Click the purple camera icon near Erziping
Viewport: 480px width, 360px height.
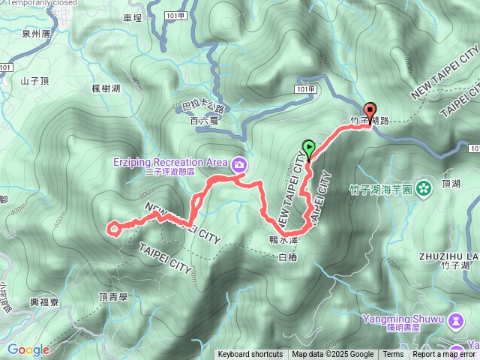(x=239, y=163)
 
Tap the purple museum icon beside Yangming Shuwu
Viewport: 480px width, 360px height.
(x=456, y=321)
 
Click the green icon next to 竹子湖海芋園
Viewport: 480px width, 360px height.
(x=424, y=187)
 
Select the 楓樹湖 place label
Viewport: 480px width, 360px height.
(x=106, y=88)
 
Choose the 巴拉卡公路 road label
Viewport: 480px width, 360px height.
(x=203, y=108)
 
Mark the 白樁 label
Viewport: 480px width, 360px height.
(x=288, y=257)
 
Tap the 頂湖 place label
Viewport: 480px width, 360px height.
(x=451, y=183)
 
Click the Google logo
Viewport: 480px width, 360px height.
(x=28, y=349)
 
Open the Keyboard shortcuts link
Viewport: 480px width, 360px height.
(x=250, y=355)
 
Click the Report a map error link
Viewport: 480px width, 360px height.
(x=443, y=355)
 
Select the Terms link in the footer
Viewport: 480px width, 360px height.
(x=393, y=355)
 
